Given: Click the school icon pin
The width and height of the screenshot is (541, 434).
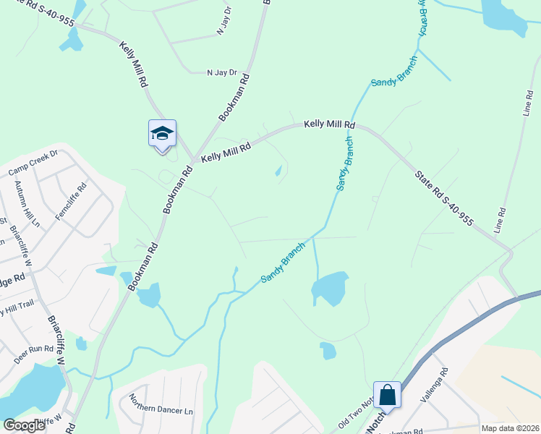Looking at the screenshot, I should click(162, 134).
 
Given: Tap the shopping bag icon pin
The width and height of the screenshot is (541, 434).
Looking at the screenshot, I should click(387, 396).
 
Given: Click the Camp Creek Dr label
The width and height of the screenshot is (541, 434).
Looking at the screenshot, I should click(33, 163).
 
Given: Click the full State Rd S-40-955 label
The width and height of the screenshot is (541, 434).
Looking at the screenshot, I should click(443, 198).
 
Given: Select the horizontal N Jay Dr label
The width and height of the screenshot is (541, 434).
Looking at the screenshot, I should click(222, 72).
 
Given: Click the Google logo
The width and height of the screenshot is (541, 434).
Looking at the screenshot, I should click(24, 425).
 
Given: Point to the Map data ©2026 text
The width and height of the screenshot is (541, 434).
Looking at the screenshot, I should click(509, 428).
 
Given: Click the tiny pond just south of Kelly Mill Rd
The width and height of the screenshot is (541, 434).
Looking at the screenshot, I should click(278, 171).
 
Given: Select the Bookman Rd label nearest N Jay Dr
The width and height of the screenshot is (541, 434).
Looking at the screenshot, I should click(234, 97).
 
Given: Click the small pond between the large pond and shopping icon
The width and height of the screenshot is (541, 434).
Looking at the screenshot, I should click(328, 351).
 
